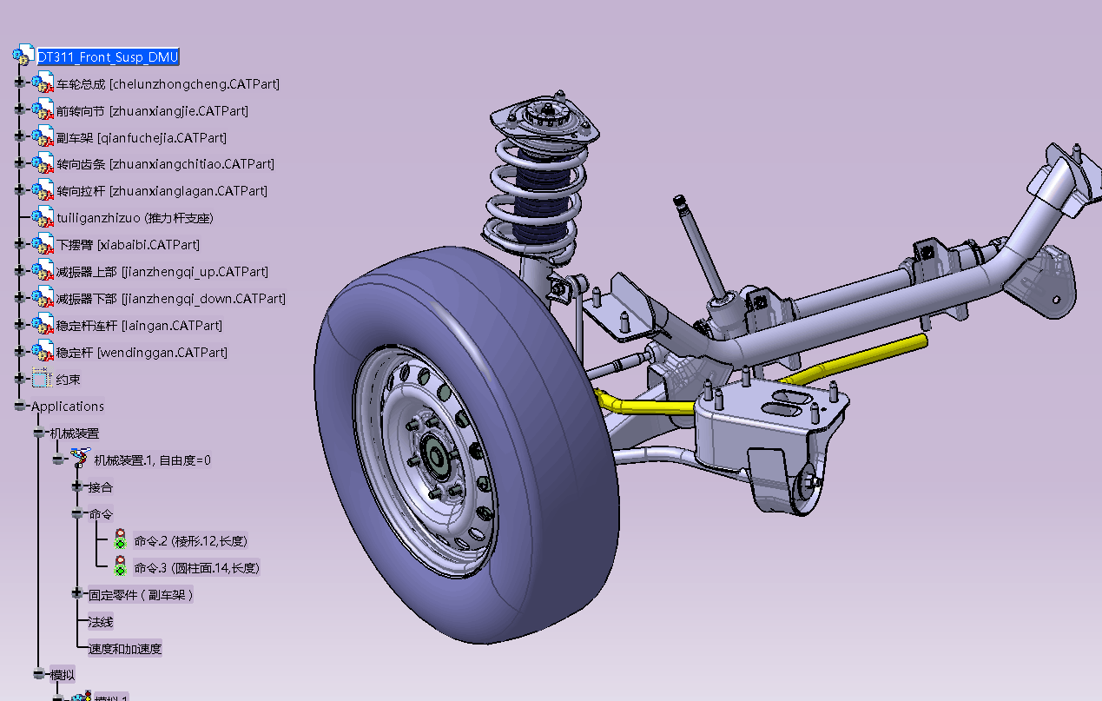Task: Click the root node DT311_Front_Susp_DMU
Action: (x=108, y=57)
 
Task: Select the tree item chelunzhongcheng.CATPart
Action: (x=168, y=84)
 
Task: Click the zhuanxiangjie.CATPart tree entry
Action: (x=152, y=111)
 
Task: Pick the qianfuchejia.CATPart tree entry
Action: (x=141, y=138)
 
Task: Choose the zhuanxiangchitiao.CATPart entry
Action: (x=165, y=164)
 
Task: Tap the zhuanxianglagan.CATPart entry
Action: (x=162, y=191)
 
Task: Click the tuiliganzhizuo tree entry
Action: (x=135, y=218)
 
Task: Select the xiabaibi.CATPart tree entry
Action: (x=128, y=245)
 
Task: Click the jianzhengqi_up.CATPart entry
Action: (x=162, y=272)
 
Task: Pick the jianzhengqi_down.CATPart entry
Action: (x=170, y=299)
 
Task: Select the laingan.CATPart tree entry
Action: (x=139, y=326)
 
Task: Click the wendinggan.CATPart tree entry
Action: (x=142, y=353)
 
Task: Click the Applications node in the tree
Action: (x=67, y=407)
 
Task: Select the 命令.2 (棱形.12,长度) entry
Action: (x=190, y=541)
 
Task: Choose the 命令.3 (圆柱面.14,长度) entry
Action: (x=196, y=568)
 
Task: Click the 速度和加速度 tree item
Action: (x=124, y=649)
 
